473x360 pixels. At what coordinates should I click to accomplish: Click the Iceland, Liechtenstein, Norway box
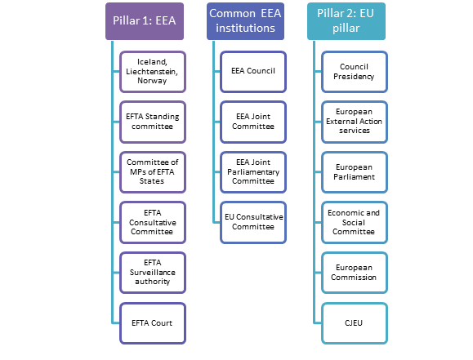tap(152, 71)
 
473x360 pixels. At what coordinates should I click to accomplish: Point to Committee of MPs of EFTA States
tap(152, 171)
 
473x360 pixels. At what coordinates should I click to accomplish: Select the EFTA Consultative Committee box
tap(152, 221)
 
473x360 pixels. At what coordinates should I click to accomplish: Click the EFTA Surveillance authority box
tap(152, 271)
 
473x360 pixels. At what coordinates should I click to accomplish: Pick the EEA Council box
tap(252, 71)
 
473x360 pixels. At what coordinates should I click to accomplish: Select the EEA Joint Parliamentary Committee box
tap(252, 171)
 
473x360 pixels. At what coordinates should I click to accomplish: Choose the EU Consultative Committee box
tap(252, 221)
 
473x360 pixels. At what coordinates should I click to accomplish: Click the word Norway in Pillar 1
tap(152, 81)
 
